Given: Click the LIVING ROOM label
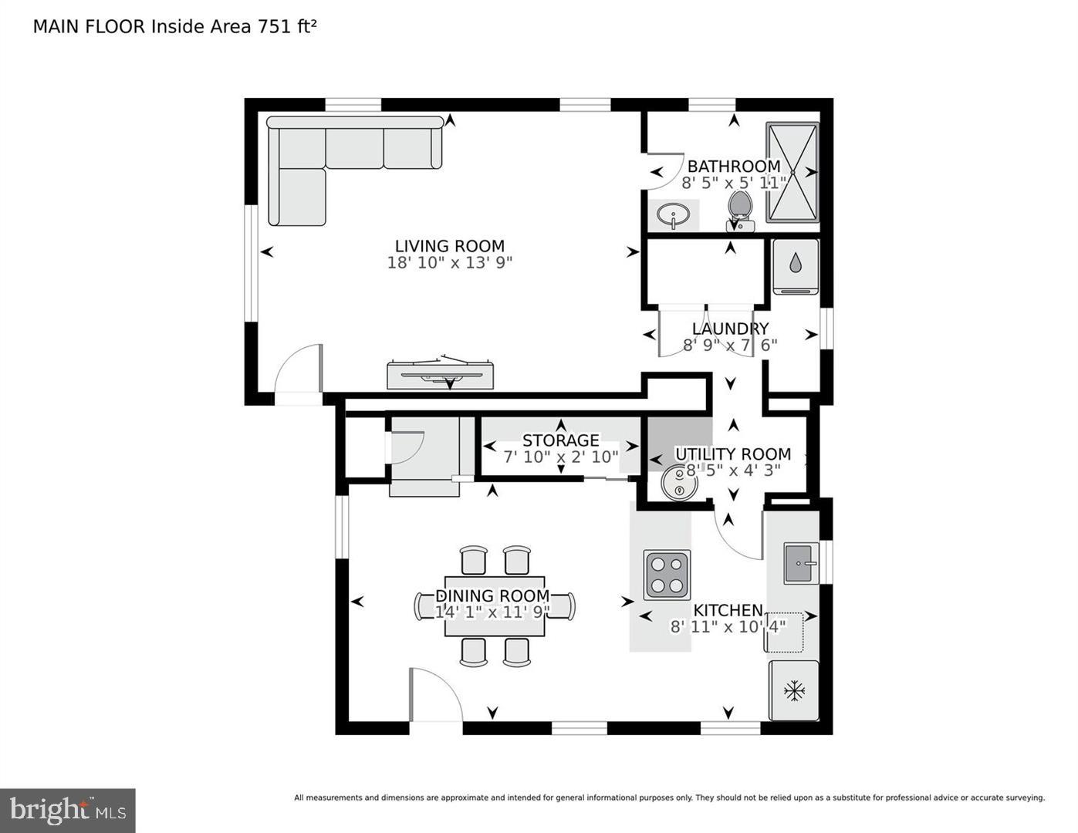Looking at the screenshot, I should [x=449, y=246].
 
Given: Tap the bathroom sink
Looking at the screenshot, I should [x=674, y=215].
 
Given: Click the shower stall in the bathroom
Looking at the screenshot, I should [x=792, y=172].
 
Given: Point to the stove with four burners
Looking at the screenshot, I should [x=667, y=575].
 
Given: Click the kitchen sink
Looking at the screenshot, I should [x=801, y=563].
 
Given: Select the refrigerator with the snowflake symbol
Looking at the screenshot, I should [x=792, y=690].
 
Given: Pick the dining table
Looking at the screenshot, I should [x=495, y=606].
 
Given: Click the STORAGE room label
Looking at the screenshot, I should [x=560, y=440].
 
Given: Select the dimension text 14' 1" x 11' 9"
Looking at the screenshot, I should [x=492, y=612].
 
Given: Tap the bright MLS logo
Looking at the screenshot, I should [x=68, y=810].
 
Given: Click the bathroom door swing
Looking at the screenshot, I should [x=664, y=171].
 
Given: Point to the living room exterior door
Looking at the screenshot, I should [x=299, y=370].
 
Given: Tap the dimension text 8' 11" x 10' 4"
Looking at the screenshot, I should [x=727, y=627].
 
